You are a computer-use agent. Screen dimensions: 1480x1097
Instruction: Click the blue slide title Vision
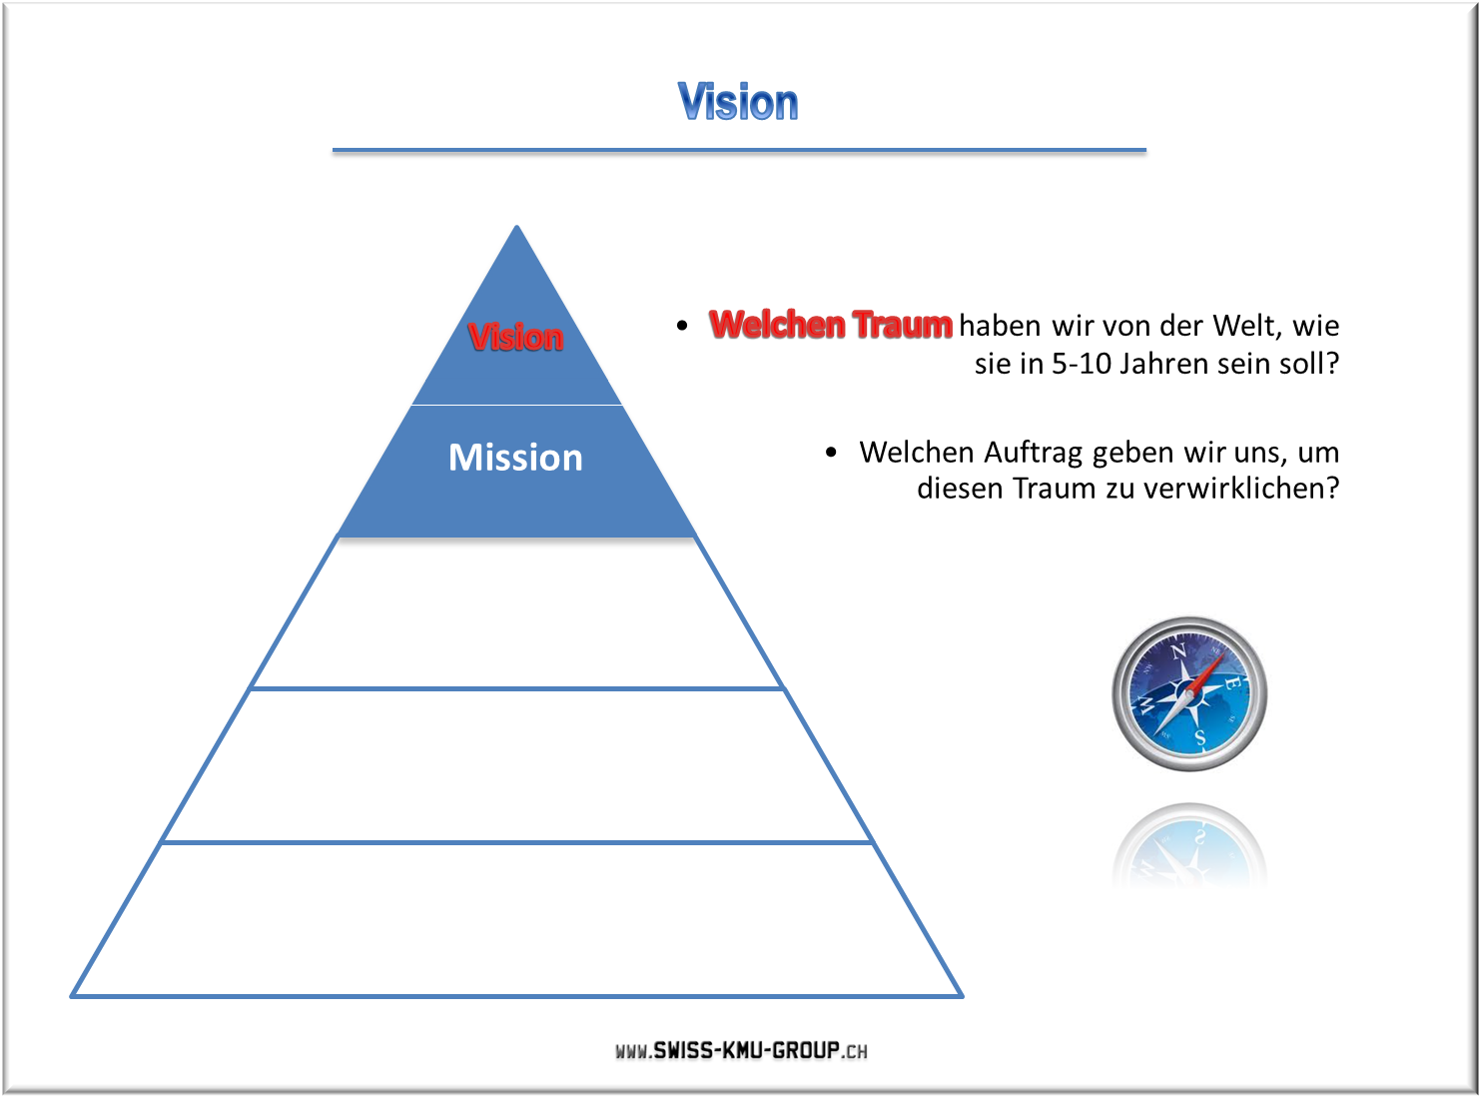click(738, 102)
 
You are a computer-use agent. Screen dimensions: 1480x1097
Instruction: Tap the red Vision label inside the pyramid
click(515, 336)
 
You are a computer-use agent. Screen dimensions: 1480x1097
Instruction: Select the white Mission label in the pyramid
click(515, 458)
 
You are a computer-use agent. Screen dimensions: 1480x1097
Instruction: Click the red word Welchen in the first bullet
click(777, 325)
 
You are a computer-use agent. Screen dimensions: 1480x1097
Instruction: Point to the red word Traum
click(903, 325)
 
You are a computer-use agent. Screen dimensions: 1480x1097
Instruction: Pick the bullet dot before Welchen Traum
click(681, 326)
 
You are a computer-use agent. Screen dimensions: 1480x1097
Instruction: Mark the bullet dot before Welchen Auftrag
click(831, 453)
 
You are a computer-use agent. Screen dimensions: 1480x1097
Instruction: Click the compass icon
click(1189, 693)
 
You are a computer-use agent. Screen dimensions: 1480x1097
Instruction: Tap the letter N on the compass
click(1178, 651)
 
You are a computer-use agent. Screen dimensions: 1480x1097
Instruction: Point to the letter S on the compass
click(1200, 737)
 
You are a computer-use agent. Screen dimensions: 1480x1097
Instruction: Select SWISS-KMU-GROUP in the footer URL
click(746, 1050)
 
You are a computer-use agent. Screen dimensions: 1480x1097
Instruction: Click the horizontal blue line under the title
click(739, 150)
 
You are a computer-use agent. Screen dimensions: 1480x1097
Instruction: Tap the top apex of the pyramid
click(516, 227)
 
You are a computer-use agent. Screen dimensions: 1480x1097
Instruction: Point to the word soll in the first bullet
click(1301, 364)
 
